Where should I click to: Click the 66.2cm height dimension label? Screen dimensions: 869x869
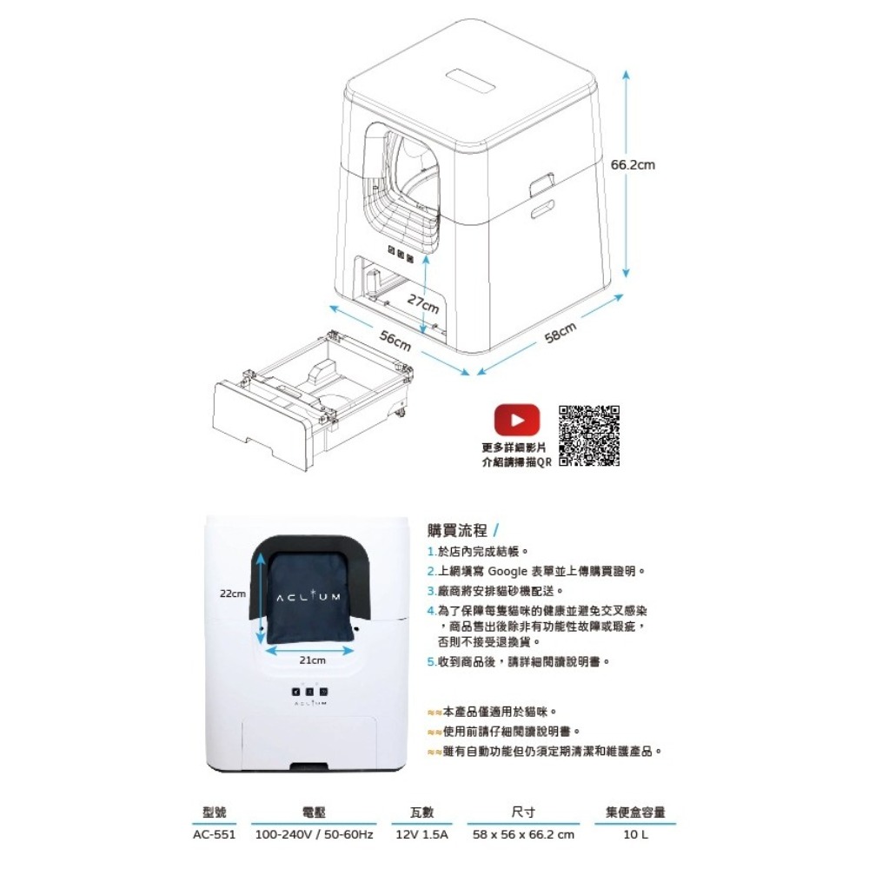pyautogui.click(x=633, y=164)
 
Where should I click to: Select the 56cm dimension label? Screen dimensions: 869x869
pyautogui.click(x=395, y=341)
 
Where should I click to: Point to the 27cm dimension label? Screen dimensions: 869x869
pyautogui.click(x=423, y=303)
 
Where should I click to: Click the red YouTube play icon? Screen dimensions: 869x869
pyautogui.click(x=516, y=420)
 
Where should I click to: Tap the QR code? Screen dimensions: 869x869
pyautogui.click(x=588, y=435)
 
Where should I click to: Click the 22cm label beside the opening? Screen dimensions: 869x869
pyautogui.click(x=233, y=594)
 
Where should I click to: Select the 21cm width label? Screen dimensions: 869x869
pyautogui.click(x=313, y=660)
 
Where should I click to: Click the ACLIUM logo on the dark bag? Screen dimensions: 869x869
pyautogui.click(x=308, y=597)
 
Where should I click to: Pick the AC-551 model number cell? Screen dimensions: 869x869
pyautogui.click(x=214, y=834)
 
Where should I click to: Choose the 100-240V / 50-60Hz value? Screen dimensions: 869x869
pyautogui.click(x=314, y=834)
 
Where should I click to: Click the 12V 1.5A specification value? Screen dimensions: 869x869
pyautogui.click(x=421, y=834)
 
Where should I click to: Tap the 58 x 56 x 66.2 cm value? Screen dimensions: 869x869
pyautogui.click(x=523, y=834)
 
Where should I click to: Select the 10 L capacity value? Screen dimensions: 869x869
pyautogui.click(x=635, y=834)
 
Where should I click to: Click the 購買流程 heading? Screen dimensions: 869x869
pyautogui.click(x=457, y=530)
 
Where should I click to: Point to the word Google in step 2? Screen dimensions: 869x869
pyautogui.click(x=507, y=572)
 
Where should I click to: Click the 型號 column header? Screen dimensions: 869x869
pyautogui.click(x=214, y=812)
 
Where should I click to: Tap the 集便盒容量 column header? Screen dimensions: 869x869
pyautogui.click(x=635, y=812)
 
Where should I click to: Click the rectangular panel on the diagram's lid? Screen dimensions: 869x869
pyautogui.click(x=471, y=80)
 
